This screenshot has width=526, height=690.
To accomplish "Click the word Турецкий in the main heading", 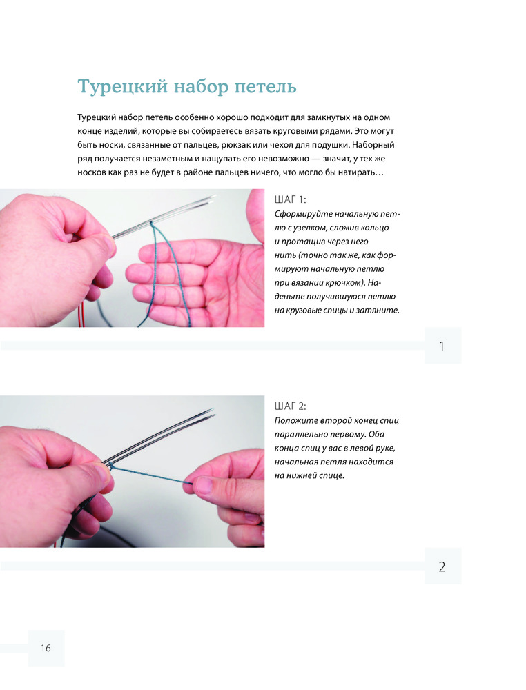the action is click(122, 87).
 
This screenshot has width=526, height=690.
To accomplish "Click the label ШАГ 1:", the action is click(290, 200).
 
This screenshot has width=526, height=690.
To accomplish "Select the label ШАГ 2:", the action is click(290, 406).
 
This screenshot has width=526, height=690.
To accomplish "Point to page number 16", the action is click(46, 648).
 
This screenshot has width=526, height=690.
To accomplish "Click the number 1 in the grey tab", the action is click(442, 347).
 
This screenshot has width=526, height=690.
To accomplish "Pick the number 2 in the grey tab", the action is click(442, 566).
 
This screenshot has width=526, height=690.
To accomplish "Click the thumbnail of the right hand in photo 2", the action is click(204, 484).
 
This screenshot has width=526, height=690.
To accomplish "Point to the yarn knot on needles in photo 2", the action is click(112, 465).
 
